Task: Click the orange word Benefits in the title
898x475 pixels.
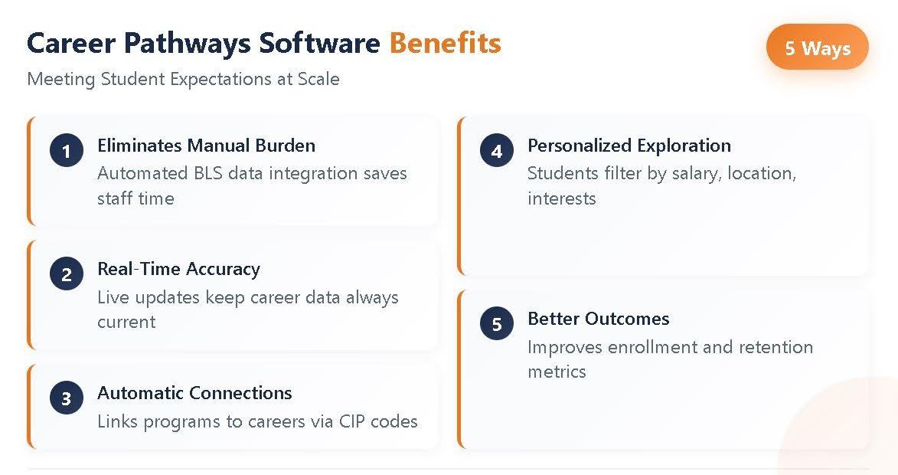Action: pos(445,44)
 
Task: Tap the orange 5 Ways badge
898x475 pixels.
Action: pos(817,47)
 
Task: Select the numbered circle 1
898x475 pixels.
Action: pos(67,151)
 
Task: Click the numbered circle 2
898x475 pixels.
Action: pos(67,274)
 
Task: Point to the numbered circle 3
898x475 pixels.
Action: pos(67,398)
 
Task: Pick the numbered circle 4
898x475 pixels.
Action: pos(497,151)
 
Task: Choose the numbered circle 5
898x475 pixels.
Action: pos(497,324)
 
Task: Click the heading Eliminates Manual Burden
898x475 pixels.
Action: pos(206,146)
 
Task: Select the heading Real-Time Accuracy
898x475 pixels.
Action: pos(178,269)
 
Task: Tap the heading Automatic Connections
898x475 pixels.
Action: pos(194,393)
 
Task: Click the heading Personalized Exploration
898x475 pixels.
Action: pos(629,146)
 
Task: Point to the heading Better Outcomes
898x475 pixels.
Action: pos(599,319)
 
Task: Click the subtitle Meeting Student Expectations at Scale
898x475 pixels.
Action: pos(183,79)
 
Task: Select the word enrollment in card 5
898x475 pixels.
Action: pos(652,347)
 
